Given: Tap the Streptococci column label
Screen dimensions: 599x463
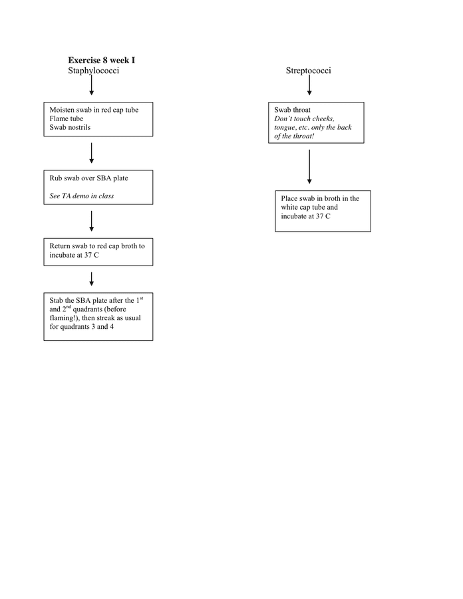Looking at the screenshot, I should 309,71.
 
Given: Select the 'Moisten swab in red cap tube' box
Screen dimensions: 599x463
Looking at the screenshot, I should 98,119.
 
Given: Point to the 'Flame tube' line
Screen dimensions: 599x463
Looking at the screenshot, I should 67,118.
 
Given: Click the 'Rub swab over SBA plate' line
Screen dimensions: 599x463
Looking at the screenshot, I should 88,178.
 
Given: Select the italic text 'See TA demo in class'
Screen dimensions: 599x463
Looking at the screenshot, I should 82,196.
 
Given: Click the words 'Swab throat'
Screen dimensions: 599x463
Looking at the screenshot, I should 293,110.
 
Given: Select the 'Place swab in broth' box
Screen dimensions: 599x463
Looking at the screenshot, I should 323,210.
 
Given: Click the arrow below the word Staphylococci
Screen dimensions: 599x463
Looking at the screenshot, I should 91,85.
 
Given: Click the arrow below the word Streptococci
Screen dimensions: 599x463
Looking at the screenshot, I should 309,85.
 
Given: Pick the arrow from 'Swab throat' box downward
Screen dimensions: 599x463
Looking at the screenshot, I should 309,166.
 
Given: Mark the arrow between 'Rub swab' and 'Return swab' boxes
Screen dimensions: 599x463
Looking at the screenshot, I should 91,221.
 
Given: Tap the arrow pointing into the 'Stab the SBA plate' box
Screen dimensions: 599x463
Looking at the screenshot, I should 91,280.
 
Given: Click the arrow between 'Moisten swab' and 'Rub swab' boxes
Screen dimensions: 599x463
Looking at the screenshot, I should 91,153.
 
